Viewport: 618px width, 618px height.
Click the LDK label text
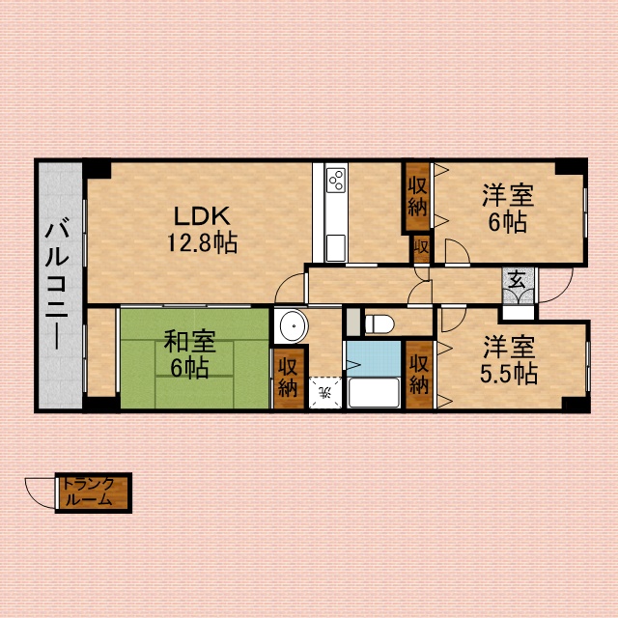(202, 216)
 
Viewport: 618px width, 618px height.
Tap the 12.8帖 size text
(202, 242)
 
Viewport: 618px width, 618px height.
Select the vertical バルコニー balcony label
(58, 286)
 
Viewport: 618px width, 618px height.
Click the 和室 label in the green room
(189, 341)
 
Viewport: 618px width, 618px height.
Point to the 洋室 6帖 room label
(508, 209)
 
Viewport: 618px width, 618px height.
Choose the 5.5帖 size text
(509, 374)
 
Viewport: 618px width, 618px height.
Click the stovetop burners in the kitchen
(337, 181)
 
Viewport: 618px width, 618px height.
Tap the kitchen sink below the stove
(336, 247)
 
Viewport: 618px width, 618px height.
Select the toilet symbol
(379, 324)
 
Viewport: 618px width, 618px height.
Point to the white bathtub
(374, 393)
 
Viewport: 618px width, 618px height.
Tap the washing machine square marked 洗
(325, 393)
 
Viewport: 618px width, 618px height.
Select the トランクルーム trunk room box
(94, 492)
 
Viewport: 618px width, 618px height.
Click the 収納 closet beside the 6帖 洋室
(417, 196)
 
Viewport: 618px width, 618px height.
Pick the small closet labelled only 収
(421, 248)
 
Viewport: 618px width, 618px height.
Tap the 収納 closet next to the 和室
(289, 379)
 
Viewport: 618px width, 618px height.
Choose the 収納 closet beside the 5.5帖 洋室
(419, 375)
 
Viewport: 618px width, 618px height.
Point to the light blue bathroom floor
(374, 358)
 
